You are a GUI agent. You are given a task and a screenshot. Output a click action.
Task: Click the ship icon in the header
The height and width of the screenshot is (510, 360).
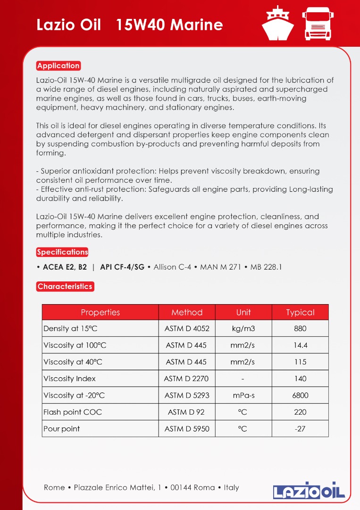277,24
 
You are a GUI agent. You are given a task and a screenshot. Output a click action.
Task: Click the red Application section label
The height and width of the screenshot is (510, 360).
59,66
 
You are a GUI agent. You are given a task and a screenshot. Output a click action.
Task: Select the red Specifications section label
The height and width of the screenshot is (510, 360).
62,252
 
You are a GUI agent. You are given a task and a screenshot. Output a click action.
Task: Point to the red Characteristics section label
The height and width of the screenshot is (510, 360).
65,286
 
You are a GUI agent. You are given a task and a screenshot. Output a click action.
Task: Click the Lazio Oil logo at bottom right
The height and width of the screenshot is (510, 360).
309,491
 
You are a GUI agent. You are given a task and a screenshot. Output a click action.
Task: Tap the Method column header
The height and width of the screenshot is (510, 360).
187,312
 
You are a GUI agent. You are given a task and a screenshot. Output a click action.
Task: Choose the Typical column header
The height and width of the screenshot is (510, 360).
300,312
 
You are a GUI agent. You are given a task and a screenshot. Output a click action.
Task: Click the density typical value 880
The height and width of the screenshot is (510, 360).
300,329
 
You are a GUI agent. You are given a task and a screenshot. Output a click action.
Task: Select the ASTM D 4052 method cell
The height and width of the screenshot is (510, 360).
187,329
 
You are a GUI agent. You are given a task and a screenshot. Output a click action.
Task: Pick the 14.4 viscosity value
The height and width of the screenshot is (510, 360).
300,345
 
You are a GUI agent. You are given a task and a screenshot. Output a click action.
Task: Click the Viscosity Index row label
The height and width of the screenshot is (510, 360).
69,378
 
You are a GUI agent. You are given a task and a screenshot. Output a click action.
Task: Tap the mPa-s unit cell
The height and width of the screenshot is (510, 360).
243,395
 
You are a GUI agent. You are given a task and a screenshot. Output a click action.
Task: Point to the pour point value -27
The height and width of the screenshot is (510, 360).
300,429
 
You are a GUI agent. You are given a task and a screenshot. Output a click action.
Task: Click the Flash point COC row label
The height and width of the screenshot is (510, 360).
73,412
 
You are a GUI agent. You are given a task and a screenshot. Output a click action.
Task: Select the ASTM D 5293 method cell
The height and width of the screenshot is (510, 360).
187,395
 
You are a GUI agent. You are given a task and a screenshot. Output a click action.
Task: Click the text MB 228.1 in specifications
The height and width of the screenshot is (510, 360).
266,267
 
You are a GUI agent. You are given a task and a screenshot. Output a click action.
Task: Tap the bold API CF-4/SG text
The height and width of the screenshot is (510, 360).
122,267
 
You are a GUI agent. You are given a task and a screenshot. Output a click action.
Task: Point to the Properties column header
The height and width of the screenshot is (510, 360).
100,312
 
